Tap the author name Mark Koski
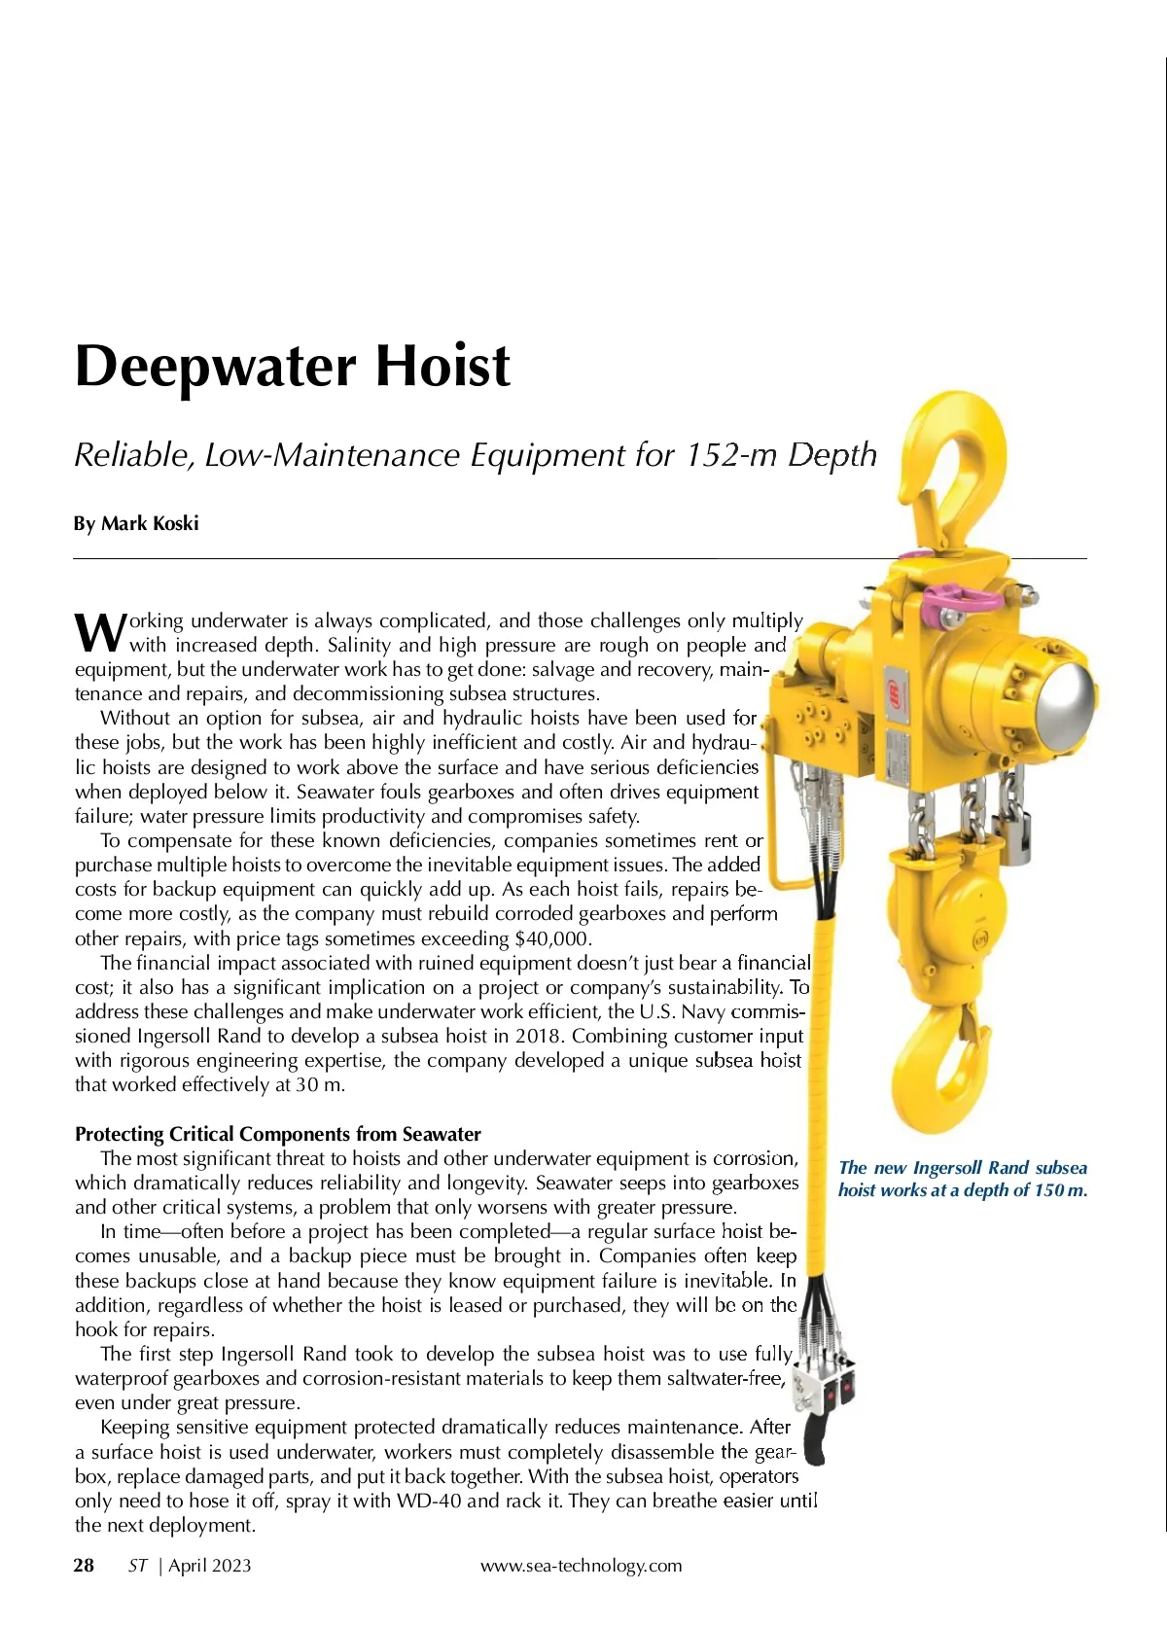pos(150,523)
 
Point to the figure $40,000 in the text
pos(552,938)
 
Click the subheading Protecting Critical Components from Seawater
pos(278,1134)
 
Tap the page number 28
pos(85,1565)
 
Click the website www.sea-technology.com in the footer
pos(581,1565)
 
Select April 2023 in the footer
pos(209,1565)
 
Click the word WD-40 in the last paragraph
pos(429,1501)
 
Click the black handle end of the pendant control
pos(815,1444)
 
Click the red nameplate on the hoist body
pos(892,681)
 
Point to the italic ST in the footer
pos(137,1565)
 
